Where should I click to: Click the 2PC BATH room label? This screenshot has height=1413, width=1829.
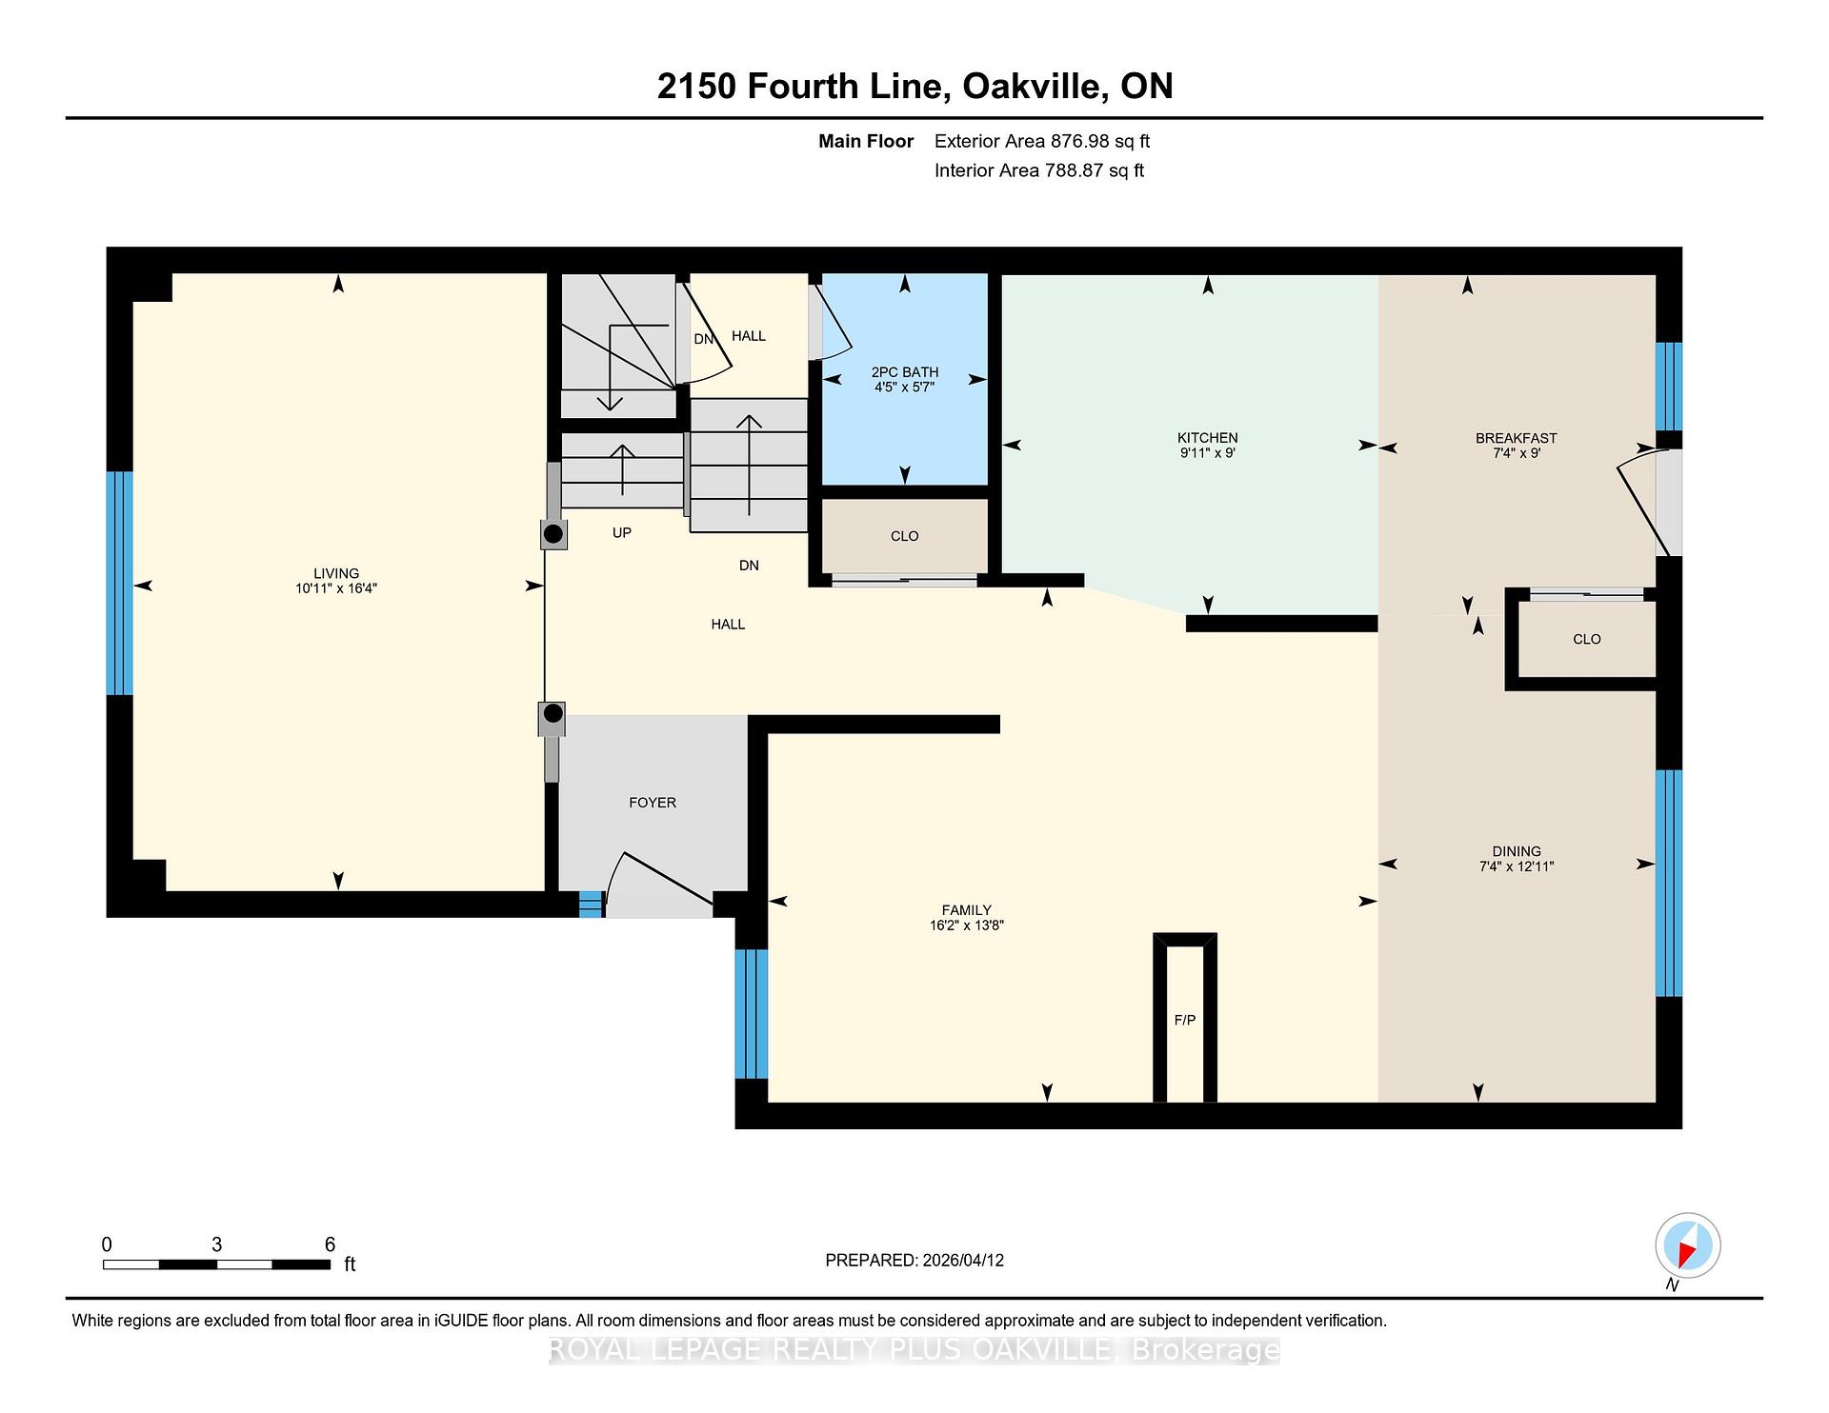click(x=904, y=372)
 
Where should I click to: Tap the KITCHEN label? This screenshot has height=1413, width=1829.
click(x=1207, y=438)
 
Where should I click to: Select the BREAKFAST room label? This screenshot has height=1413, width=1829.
click(x=1516, y=438)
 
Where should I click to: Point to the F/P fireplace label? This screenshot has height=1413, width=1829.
click(x=1184, y=1020)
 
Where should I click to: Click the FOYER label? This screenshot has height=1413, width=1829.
click(x=653, y=803)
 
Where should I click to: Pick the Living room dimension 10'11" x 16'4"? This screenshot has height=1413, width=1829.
click(x=336, y=588)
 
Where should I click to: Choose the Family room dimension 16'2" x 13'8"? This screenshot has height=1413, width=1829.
click(x=967, y=925)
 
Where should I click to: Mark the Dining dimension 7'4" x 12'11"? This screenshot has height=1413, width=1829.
click(x=1517, y=866)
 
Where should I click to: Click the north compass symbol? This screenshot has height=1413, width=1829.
click(x=1687, y=1246)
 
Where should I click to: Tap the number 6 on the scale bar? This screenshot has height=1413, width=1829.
click(x=330, y=1244)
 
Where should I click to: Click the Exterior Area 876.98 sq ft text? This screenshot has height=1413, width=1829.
click(x=1042, y=141)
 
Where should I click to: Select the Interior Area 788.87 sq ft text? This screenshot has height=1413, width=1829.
click(x=1039, y=170)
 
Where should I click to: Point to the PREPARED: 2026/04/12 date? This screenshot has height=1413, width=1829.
click(x=914, y=1260)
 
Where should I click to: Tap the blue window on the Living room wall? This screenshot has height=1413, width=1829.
click(x=119, y=583)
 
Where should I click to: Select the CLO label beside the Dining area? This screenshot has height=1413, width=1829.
click(x=1587, y=639)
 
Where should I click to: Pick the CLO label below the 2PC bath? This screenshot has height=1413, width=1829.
click(x=904, y=536)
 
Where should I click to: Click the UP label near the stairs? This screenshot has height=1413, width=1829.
click(x=621, y=532)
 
